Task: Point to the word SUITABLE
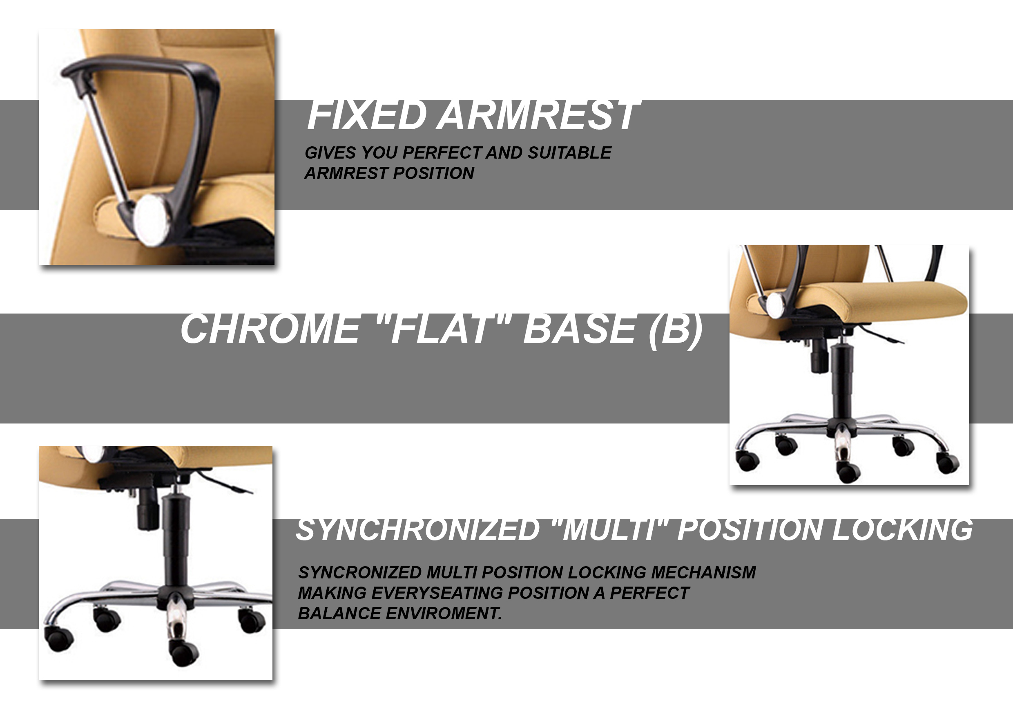click(x=569, y=153)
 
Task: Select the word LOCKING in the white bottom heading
click(x=902, y=530)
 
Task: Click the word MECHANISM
click(x=703, y=572)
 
